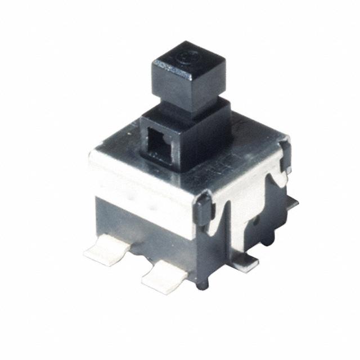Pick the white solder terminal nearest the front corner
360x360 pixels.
point(164,275)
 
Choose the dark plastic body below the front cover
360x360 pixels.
point(141,225)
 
